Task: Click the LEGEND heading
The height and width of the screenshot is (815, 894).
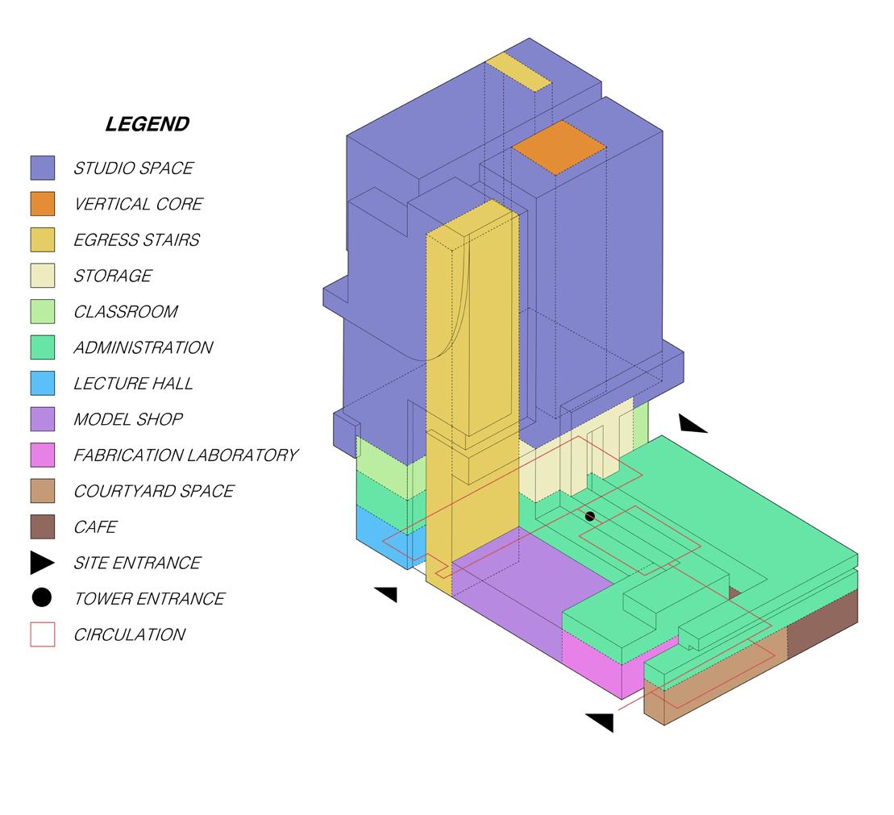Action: [148, 124]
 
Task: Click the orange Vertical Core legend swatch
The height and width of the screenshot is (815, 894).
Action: [43, 204]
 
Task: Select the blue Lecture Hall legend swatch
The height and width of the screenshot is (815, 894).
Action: [43, 383]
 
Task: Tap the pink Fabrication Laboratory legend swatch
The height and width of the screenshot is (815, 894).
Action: [43, 455]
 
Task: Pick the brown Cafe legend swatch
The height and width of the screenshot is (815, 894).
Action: [43, 526]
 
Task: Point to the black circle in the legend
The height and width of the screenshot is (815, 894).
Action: [42, 598]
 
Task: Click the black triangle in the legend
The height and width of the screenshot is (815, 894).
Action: [42, 563]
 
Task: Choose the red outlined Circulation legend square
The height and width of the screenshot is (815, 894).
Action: [43, 634]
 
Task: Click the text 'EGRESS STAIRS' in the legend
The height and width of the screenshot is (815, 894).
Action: [136, 239]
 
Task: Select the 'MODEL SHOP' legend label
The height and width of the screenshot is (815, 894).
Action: [128, 419]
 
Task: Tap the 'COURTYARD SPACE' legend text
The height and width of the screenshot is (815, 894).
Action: [153, 491]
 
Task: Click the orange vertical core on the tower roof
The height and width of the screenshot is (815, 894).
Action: [558, 148]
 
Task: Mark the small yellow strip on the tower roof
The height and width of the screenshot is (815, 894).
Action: [518, 72]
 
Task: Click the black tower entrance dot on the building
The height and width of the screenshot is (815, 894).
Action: [589, 516]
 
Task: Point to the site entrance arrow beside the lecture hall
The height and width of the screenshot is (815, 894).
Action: [387, 594]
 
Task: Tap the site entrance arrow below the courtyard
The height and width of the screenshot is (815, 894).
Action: [601, 721]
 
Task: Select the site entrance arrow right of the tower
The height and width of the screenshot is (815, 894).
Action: [692, 424]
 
